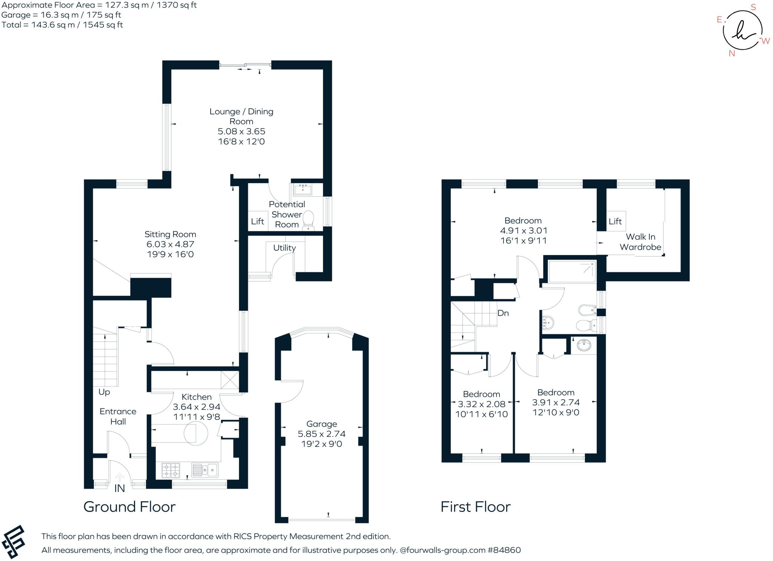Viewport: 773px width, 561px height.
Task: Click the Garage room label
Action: [322, 424]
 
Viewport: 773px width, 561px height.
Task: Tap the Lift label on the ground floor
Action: [257, 221]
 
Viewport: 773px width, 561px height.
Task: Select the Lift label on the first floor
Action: [615, 221]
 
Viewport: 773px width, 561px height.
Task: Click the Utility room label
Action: [284, 248]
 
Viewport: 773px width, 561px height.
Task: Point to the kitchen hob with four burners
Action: [171, 470]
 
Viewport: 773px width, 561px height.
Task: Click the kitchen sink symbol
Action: [205, 470]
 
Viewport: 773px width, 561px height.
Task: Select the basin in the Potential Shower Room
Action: [303, 189]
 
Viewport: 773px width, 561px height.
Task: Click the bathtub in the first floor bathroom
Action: [572, 271]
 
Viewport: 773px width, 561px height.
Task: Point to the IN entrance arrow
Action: [119, 478]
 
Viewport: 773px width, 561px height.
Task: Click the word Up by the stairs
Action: [104, 392]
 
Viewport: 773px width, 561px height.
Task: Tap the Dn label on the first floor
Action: [503, 313]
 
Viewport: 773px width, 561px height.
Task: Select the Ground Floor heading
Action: [129, 507]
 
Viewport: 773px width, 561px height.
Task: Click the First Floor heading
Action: [475, 507]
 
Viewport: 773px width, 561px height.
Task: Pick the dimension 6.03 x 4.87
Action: [170, 244]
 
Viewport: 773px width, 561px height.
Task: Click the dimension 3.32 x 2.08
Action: [481, 404]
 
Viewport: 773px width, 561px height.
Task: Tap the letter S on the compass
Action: [753, 8]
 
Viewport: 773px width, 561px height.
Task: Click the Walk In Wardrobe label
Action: [640, 242]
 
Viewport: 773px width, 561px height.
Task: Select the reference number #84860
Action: [504, 550]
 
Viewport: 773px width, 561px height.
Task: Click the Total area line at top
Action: [62, 25]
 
